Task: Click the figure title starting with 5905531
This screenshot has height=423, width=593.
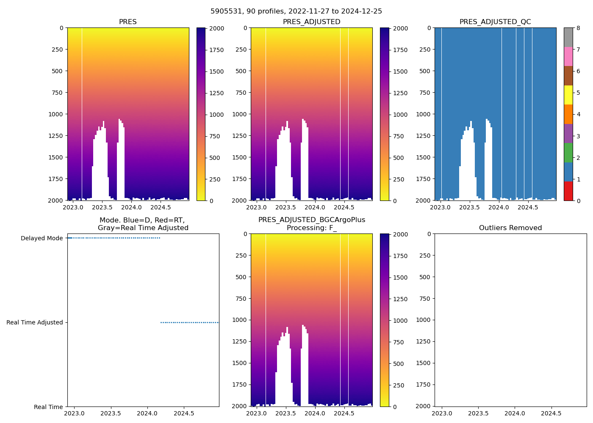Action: pyautogui.click(x=296, y=11)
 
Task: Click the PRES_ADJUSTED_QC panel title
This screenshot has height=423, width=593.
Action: pyautogui.click(x=495, y=22)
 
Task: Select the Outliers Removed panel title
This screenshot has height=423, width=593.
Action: pyautogui.click(x=510, y=228)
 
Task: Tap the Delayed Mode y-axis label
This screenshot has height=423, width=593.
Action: pyautogui.click(x=42, y=239)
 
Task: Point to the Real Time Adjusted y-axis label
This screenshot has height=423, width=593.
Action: pyautogui.click(x=35, y=323)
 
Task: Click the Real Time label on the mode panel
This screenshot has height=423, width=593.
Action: pyautogui.click(x=48, y=407)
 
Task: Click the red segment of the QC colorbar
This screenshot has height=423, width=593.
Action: pyautogui.click(x=568, y=191)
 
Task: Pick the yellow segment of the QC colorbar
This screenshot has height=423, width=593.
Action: pyautogui.click(x=568, y=95)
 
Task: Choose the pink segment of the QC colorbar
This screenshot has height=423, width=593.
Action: pyautogui.click(x=568, y=56)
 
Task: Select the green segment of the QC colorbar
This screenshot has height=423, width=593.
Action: pyautogui.click(x=568, y=152)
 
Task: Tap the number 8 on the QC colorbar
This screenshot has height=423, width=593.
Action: pyautogui.click(x=578, y=28)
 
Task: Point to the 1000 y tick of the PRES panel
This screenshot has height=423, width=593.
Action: pyautogui.click(x=55, y=114)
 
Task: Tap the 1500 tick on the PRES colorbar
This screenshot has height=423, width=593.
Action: pyautogui.click(x=216, y=71)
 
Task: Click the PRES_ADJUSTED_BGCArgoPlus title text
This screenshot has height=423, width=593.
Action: pyautogui.click(x=312, y=220)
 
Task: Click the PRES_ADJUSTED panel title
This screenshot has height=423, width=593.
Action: pyautogui.click(x=311, y=22)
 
